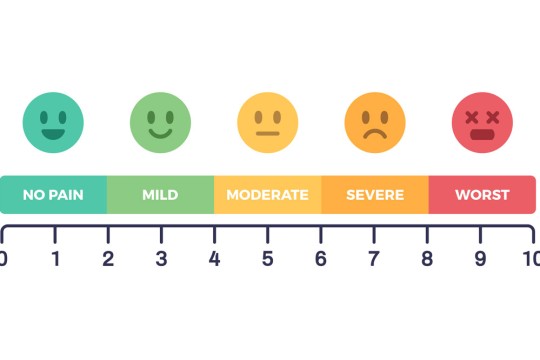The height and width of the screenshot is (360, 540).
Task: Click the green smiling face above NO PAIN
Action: (x=53, y=122)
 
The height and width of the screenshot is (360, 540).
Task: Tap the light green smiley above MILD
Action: (x=160, y=122)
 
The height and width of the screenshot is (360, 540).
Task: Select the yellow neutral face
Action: (x=267, y=122)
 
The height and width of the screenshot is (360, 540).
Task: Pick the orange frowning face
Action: (x=375, y=122)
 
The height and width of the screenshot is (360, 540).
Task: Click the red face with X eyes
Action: (x=482, y=122)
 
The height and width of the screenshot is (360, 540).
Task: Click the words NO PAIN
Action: (x=53, y=194)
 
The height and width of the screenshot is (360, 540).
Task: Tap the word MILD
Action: (x=160, y=194)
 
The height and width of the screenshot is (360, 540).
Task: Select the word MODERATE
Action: (x=267, y=194)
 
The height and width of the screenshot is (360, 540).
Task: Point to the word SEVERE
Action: (x=375, y=194)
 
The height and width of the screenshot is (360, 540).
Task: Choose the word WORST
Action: (x=482, y=194)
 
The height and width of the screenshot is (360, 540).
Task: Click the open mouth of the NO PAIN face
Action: (x=53, y=132)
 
